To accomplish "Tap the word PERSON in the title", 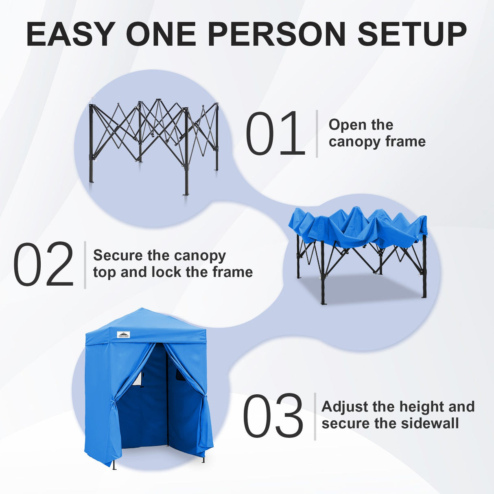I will pos(277,34).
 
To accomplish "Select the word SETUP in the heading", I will pos(412,34).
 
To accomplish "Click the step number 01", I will pos(275,134).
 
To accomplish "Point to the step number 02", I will pos(44,265).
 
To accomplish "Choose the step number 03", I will pos(273,416).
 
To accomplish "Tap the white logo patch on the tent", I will pos(124,334).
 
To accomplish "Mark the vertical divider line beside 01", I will pos(317,133).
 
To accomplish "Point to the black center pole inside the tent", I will pos(167,399).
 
